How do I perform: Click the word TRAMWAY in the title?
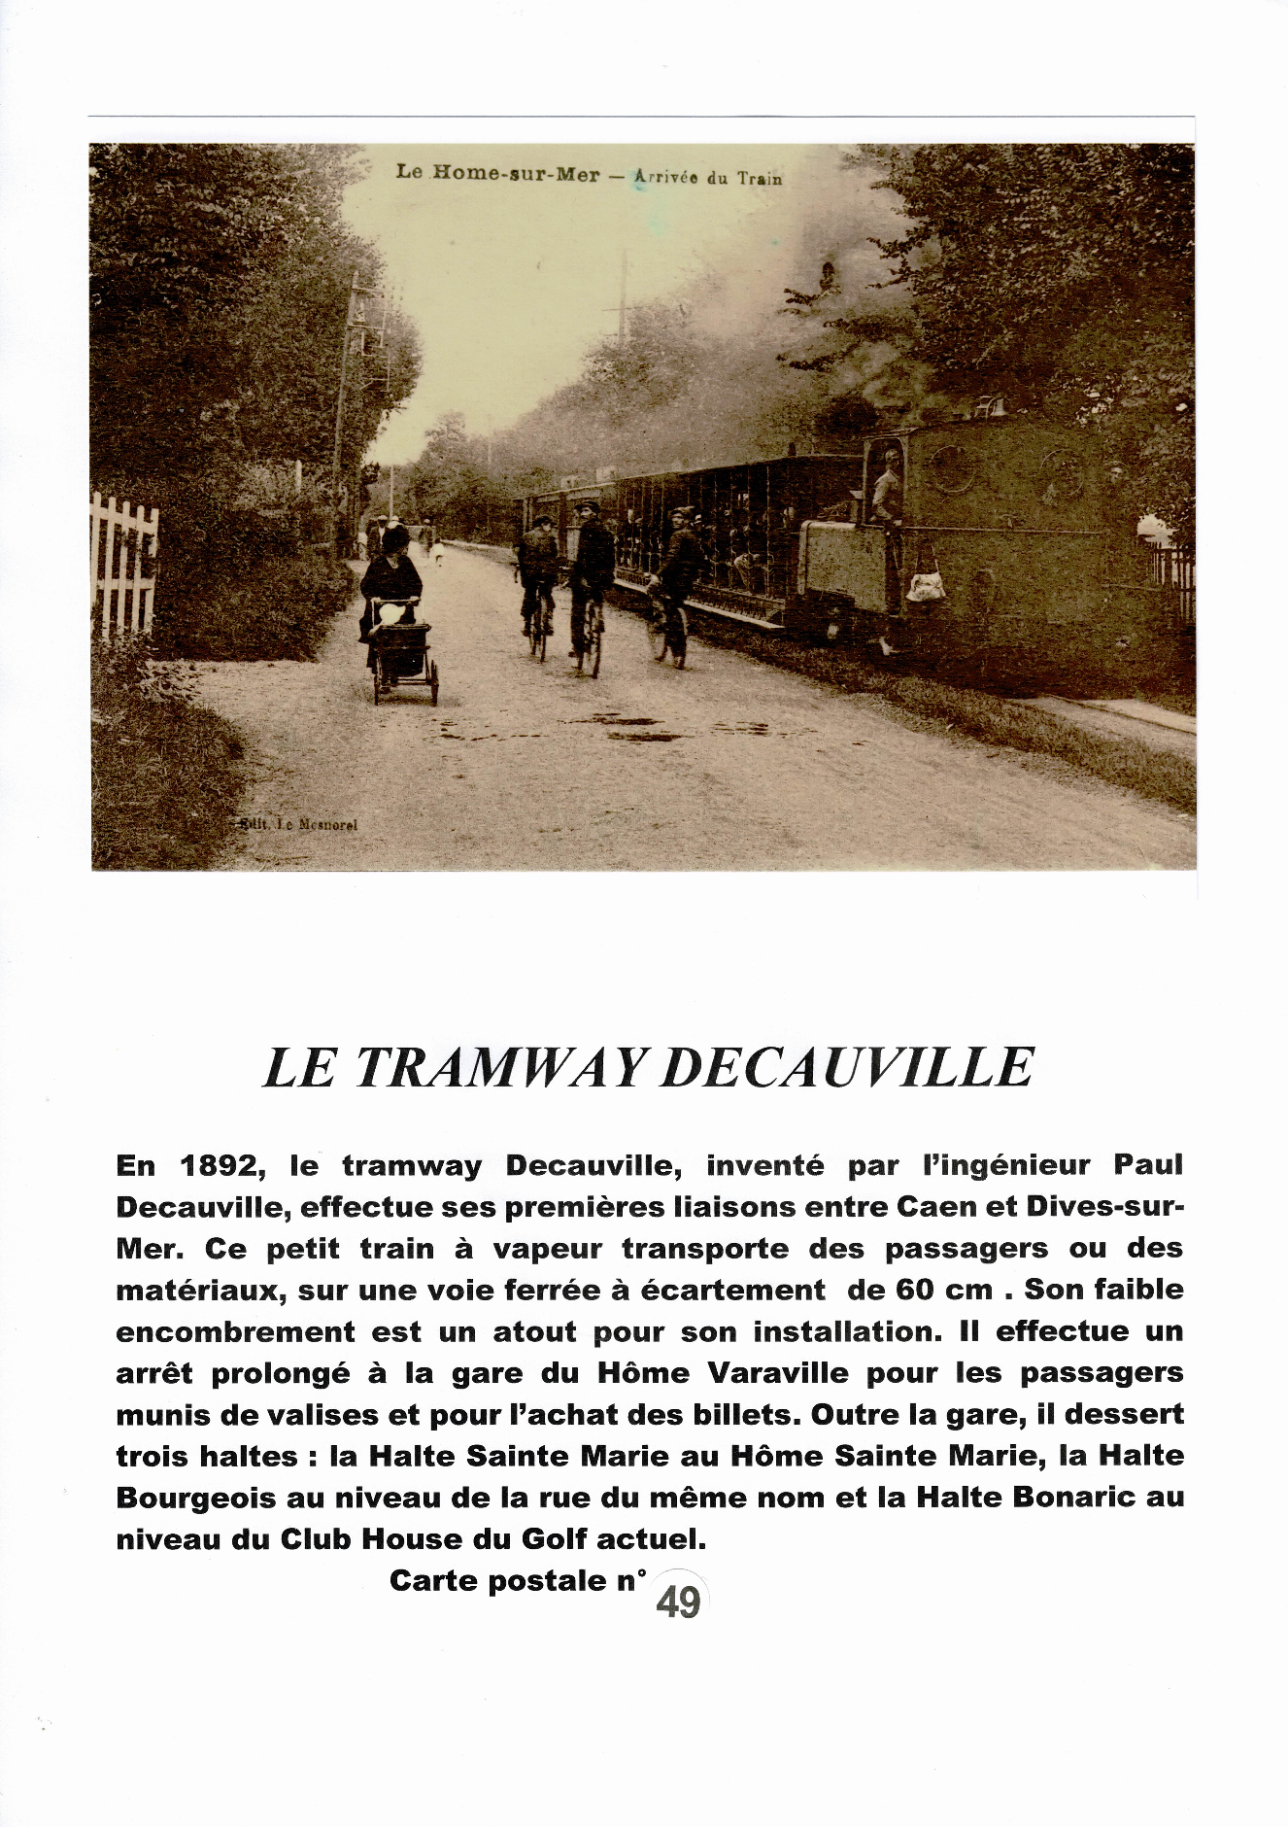498,1067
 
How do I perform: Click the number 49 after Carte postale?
678,1602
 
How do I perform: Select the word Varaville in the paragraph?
777,1373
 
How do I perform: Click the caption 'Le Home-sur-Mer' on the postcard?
497,173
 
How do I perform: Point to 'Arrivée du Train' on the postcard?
707,177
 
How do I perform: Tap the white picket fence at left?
123,564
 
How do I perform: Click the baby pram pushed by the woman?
403,646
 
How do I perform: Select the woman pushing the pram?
391,573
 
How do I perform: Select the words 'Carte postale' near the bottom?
497,1580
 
